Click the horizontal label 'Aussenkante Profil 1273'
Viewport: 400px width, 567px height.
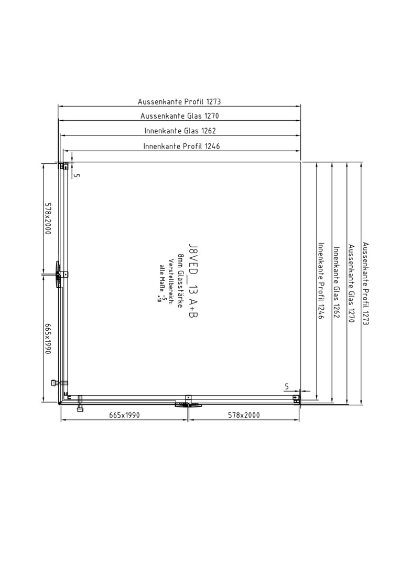tap(179, 102)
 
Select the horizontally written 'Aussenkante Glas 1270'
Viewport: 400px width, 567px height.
tap(179, 116)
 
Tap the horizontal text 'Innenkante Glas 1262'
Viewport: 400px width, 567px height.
tap(180, 131)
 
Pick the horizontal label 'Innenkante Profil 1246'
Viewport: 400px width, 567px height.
tap(181, 146)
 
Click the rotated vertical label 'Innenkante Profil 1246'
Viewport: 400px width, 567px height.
tap(321, 280)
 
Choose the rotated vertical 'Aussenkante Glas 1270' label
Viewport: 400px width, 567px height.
tap(351, 283)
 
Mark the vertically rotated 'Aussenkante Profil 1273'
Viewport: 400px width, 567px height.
tap(365, 283)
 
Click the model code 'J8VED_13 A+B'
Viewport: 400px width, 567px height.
tap(193, 280)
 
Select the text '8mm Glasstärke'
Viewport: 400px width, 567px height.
tap(180, 281)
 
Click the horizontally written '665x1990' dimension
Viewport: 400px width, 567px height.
tap(124, 415)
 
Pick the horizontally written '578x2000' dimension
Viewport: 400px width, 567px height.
tap(244, 415)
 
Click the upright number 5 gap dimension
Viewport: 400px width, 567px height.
tap(287, 386)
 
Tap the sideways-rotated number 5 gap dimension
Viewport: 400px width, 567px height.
tap(76, 175)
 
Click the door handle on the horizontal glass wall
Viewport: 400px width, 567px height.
tap(186, 405)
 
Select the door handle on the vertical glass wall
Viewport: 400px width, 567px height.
tap(56, 275)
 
